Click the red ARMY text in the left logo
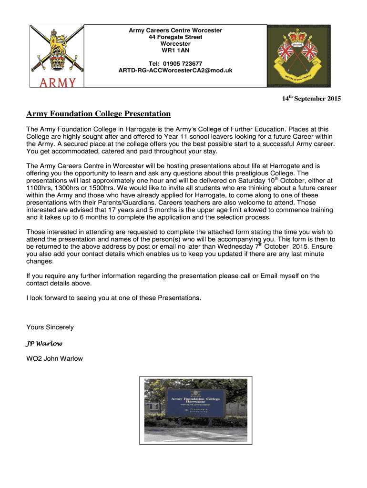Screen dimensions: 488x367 click(x=58, y=82)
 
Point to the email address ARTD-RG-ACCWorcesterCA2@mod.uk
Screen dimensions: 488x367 click(x=175, y=71)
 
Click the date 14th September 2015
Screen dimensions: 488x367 click(x=311, y=99)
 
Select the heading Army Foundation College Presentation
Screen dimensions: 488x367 click(x=98, y=114)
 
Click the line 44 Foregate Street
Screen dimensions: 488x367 click(x=175, y=37)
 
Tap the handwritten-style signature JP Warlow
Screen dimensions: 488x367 click(x=43, y=343)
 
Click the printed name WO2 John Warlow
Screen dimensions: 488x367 click(x=54, y=358)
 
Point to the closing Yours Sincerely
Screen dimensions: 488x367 click(x=50, y=327)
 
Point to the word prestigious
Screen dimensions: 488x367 click(x=250, y=173)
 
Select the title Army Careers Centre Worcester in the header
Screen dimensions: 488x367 click(x=175, y=30)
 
